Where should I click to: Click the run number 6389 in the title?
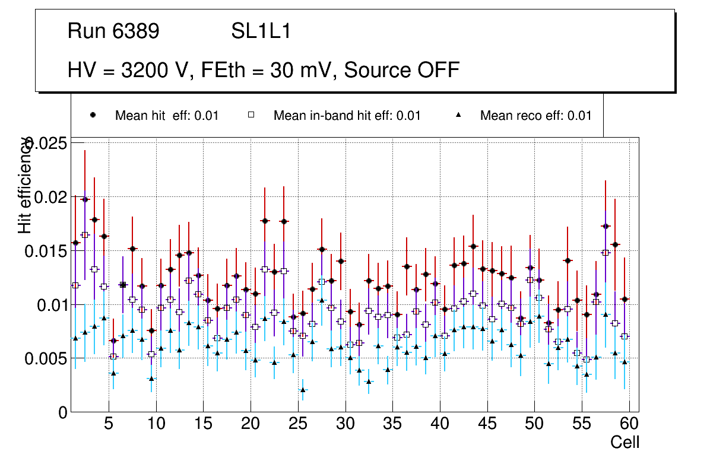[135, 31]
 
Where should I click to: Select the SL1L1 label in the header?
[261, 31]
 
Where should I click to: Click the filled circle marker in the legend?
[93, 115]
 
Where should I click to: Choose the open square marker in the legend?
[251, 115]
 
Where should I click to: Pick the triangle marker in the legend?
[458, 115]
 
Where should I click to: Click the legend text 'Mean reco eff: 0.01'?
[535, 116]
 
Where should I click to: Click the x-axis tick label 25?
[298, 424]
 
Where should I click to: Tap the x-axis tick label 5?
[109, 424]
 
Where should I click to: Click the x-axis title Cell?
[625, 442]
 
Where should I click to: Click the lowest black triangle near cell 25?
[303, 390]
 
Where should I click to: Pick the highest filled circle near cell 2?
[85, 199]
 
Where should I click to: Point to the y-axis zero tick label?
[63, 412]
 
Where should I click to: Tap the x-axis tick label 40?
[440, 424]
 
